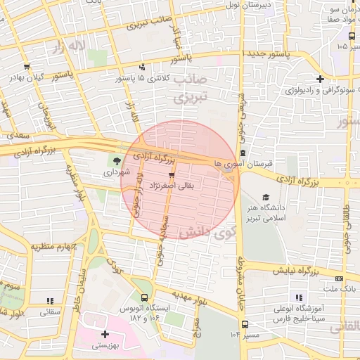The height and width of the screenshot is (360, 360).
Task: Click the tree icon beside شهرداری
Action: pyautogui.click(x=117, y=160)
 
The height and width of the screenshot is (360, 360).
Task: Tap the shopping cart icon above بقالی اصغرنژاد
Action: pyautogui.click(x=172, y=174)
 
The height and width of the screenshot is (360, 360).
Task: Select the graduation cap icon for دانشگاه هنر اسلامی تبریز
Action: pyautogui.click(x=265, y=198)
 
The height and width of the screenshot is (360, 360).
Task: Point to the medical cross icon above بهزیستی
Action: pyautogui.click(x=105, y=335)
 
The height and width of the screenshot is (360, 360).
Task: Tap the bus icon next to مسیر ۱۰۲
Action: pyautogui.click(x=245, y=324)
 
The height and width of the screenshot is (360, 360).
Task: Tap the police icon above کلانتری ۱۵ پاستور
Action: pyautogui.click(x=143, y=68)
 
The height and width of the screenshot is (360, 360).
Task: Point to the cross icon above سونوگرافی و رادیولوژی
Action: pyautogui.click(x=321, y=79)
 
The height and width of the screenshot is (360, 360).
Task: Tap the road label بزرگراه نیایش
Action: pyautogui.click(x=321, y=270)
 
